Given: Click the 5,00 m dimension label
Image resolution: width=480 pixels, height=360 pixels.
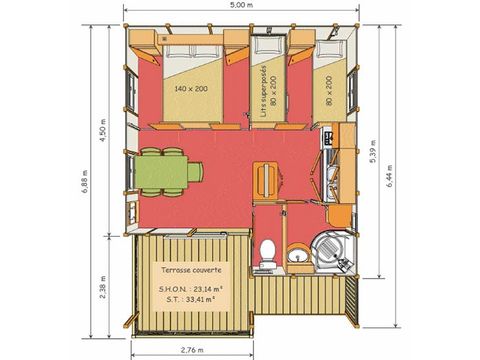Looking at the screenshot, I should click(x=241, y=7).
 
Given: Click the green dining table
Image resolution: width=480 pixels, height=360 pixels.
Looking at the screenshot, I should click(x=164, y=171).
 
